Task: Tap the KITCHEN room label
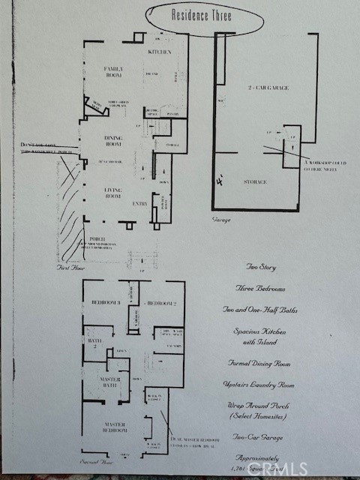(x=160, y=52)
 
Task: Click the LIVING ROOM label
(x=118, y=193)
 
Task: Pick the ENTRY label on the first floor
(x=140, y=203)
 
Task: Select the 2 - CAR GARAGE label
(x=268, y=88)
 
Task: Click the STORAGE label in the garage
(x=254, y=181)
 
